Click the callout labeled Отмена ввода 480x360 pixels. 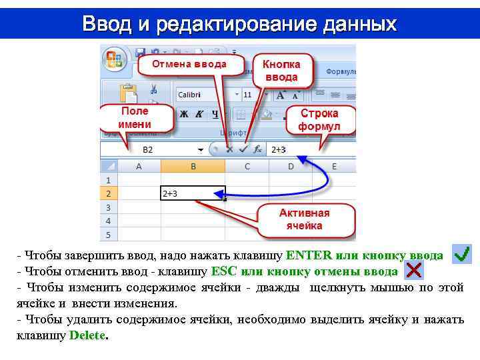pos(189,65)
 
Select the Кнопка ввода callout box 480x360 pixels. pos(281,71)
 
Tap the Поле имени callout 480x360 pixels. pos(135,118)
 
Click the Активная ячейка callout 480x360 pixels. pos(304,219)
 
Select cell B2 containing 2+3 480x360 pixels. pos(193,193)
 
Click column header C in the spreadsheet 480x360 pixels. pos(247,166)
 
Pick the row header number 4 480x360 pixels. pos(108,221)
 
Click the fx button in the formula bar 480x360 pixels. pos(257,150)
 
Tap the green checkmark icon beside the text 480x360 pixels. pos(461,254)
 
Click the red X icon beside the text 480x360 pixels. pos(413,270)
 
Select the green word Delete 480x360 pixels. pos(87,335)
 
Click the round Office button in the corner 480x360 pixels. pos(115,59)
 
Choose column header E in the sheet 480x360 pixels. pos(333,166)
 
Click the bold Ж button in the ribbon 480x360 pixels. pos(183,114)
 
